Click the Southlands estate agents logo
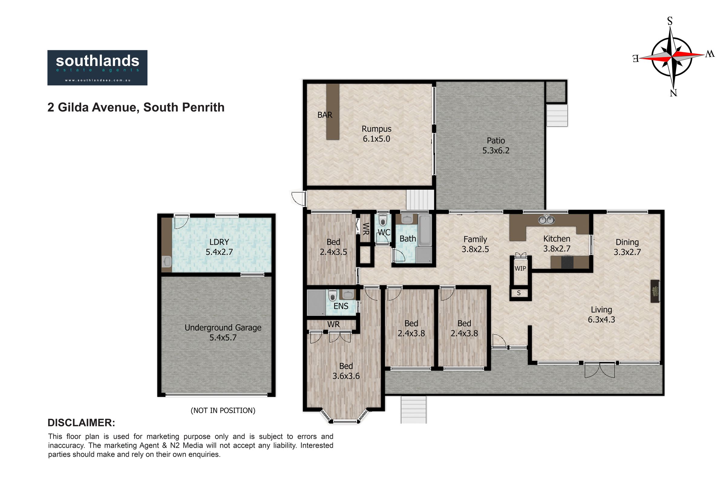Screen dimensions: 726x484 (97, 67)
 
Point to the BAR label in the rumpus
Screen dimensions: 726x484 (325, 115)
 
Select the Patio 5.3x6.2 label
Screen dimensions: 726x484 (496, 146)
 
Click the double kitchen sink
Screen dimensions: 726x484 (546, 220)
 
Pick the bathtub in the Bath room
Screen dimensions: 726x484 (425, 231)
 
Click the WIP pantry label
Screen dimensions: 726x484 (520, 269)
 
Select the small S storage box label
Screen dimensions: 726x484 (518, 293)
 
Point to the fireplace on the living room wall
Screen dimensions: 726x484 (655, 291)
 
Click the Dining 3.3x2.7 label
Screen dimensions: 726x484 (627, 247)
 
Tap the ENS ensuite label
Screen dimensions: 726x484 (341, 306)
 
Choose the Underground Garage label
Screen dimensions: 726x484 (223, 328)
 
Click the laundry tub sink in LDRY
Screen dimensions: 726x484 (166, 262)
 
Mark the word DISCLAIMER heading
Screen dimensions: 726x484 (81, 423)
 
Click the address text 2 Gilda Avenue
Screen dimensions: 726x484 (92, 107)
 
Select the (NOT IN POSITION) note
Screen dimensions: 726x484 (223, 410)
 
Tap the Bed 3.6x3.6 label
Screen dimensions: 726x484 (346, 371)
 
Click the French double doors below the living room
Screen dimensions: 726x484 (600, 370)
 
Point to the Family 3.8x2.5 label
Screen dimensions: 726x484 (475, 244)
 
